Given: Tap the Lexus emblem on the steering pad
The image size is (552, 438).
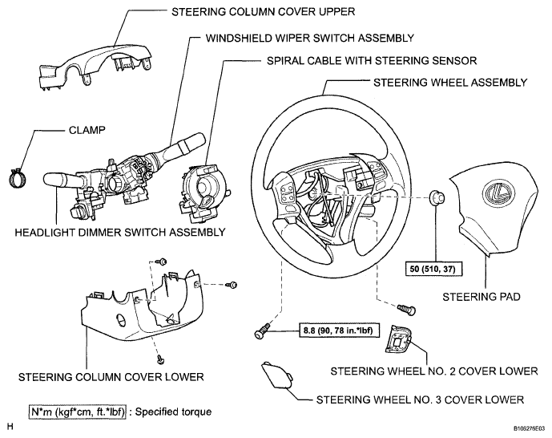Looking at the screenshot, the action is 498,193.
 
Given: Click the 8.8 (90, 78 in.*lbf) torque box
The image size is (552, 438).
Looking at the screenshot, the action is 339,331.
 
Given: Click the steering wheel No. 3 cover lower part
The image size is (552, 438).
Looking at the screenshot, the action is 276,375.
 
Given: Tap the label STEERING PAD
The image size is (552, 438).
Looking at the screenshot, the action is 481,297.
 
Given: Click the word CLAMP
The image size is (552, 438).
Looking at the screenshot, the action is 87,130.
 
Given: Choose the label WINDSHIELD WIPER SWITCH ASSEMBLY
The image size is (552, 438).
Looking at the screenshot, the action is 310,38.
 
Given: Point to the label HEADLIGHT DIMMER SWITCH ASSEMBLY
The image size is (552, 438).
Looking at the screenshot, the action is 120,232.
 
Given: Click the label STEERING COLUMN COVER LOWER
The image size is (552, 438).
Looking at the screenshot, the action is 111,377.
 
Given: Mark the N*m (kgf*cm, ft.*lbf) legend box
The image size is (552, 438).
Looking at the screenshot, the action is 77,412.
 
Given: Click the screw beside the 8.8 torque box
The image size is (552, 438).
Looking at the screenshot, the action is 262,331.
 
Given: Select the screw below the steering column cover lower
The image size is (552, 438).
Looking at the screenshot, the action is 161,359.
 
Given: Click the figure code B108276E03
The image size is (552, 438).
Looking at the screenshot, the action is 529,428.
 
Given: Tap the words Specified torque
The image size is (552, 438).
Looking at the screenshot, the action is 174,412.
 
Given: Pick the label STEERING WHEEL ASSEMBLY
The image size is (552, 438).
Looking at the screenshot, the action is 450,83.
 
